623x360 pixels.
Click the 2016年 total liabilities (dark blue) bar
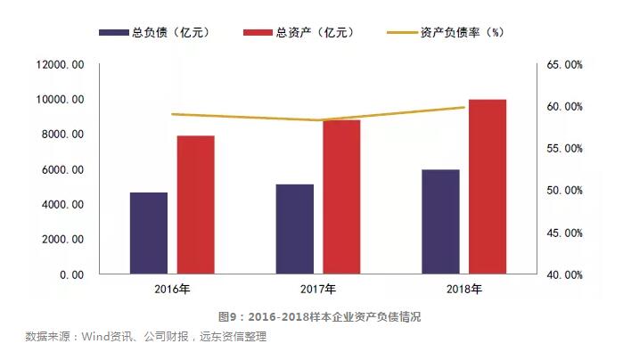[148, 233]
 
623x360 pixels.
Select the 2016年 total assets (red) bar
[195, 205]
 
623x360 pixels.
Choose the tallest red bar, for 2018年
[488, 186]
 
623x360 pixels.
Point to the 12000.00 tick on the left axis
[60, 65]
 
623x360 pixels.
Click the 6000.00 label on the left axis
[63, 169]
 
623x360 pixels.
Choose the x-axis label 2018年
[463, 290]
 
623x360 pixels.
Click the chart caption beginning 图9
[319, 316]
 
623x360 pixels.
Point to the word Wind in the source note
[96, 337]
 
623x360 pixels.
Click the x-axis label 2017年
[317, 290]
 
